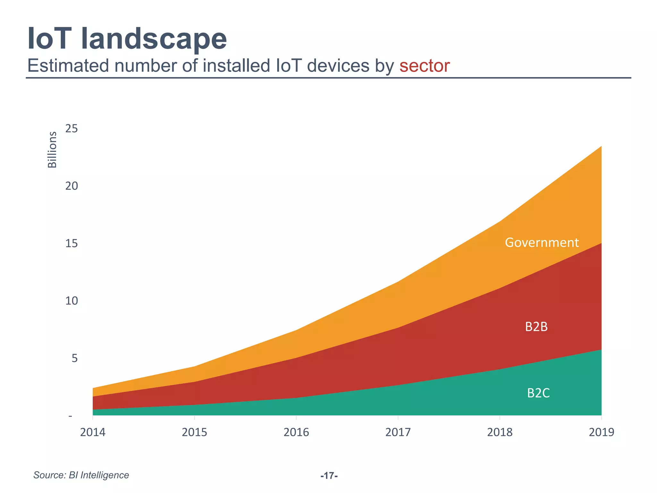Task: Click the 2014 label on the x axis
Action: coord(93,432)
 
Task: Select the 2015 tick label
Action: coord(194,432)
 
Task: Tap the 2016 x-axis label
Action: coord(296,432)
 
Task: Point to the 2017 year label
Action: coord(398,432)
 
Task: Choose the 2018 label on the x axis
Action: coord(499,432)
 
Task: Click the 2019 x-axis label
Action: coord(601,432)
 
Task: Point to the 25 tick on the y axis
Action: coord(72,129)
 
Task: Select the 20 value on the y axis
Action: coord(72,186)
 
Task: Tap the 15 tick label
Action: coord(72,243)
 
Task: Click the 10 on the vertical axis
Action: coord(72,301)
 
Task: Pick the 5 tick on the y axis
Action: coord(74,358)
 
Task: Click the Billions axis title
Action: coord(52,150)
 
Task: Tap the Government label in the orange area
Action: coord(542,243)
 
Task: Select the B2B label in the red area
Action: coord(536,327)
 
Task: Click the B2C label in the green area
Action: coord(538,393)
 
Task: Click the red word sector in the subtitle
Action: coord(424,66)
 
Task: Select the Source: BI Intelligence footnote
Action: coord(81,475)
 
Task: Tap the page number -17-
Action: coord(329,476)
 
